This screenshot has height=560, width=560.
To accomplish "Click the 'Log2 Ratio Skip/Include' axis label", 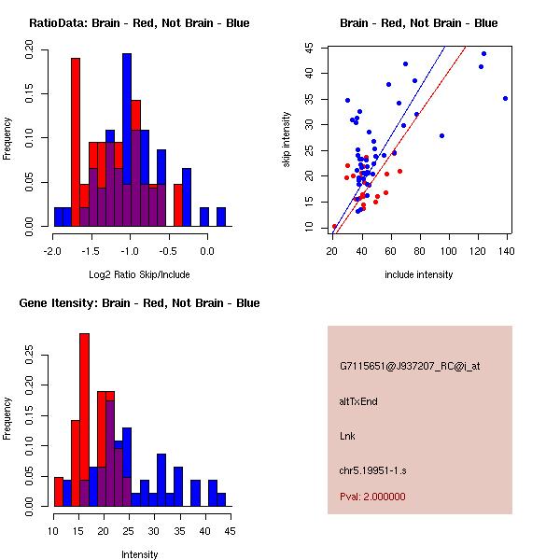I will tap(139, 274).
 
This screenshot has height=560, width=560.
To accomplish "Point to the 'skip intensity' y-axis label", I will tap(287, 140).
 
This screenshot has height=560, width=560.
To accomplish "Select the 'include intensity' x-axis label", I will tap(419, 274).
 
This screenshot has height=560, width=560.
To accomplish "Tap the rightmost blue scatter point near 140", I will tap(505, 98).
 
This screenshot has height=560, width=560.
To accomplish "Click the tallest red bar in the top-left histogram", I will tap(76, 140).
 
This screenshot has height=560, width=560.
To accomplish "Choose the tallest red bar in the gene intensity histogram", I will tap(84, 420).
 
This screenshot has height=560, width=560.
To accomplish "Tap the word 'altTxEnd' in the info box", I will tap(358, 401).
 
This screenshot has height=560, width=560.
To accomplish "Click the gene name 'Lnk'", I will tap(347, 436).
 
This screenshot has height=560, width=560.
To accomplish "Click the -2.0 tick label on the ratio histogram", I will tap(54, 251).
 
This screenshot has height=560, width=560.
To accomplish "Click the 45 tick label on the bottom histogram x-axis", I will tap(230, 531).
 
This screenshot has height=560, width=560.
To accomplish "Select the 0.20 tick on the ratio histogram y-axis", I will tap(29, 55).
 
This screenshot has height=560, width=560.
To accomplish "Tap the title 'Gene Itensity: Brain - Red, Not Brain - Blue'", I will tap(139, 303).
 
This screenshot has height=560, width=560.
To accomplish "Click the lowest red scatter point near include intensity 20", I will tap(334, 226).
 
